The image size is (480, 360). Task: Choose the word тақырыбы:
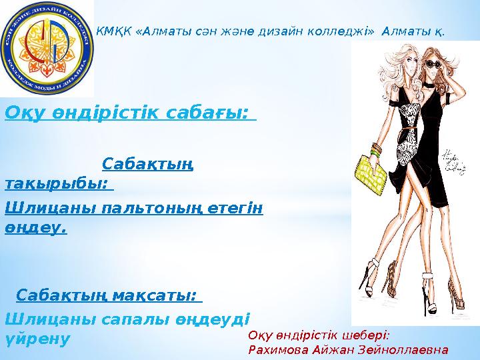point(56,183)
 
